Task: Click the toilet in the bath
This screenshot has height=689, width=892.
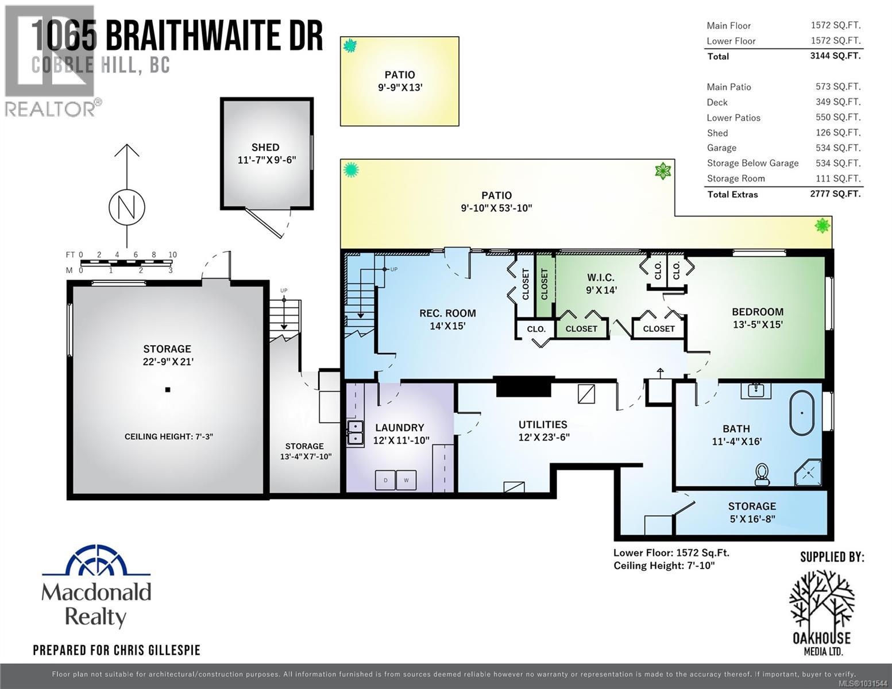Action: pos(763,474)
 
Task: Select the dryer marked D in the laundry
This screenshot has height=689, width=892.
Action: pos(385,480)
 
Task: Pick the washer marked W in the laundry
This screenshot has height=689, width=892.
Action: pos(406,480)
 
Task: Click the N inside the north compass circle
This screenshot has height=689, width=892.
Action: pos(127,207)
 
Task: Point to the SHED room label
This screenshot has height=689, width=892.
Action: pos(265,148)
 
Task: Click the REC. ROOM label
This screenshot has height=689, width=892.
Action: pos(447,313)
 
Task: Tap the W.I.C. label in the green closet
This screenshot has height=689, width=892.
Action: pos(601,278)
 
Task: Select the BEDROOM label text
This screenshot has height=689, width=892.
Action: pos(758,312)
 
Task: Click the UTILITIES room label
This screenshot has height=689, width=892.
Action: pos(543,425)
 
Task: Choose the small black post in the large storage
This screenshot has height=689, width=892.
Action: pos(168,390)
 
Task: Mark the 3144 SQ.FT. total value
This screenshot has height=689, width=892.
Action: pos(835,56)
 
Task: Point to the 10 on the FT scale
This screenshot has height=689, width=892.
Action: pos(172,255)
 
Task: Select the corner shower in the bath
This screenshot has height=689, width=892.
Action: pos(809,472)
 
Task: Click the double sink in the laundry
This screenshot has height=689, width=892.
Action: pos(355,433)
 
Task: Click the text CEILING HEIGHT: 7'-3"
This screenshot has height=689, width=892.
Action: pos(169,437)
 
